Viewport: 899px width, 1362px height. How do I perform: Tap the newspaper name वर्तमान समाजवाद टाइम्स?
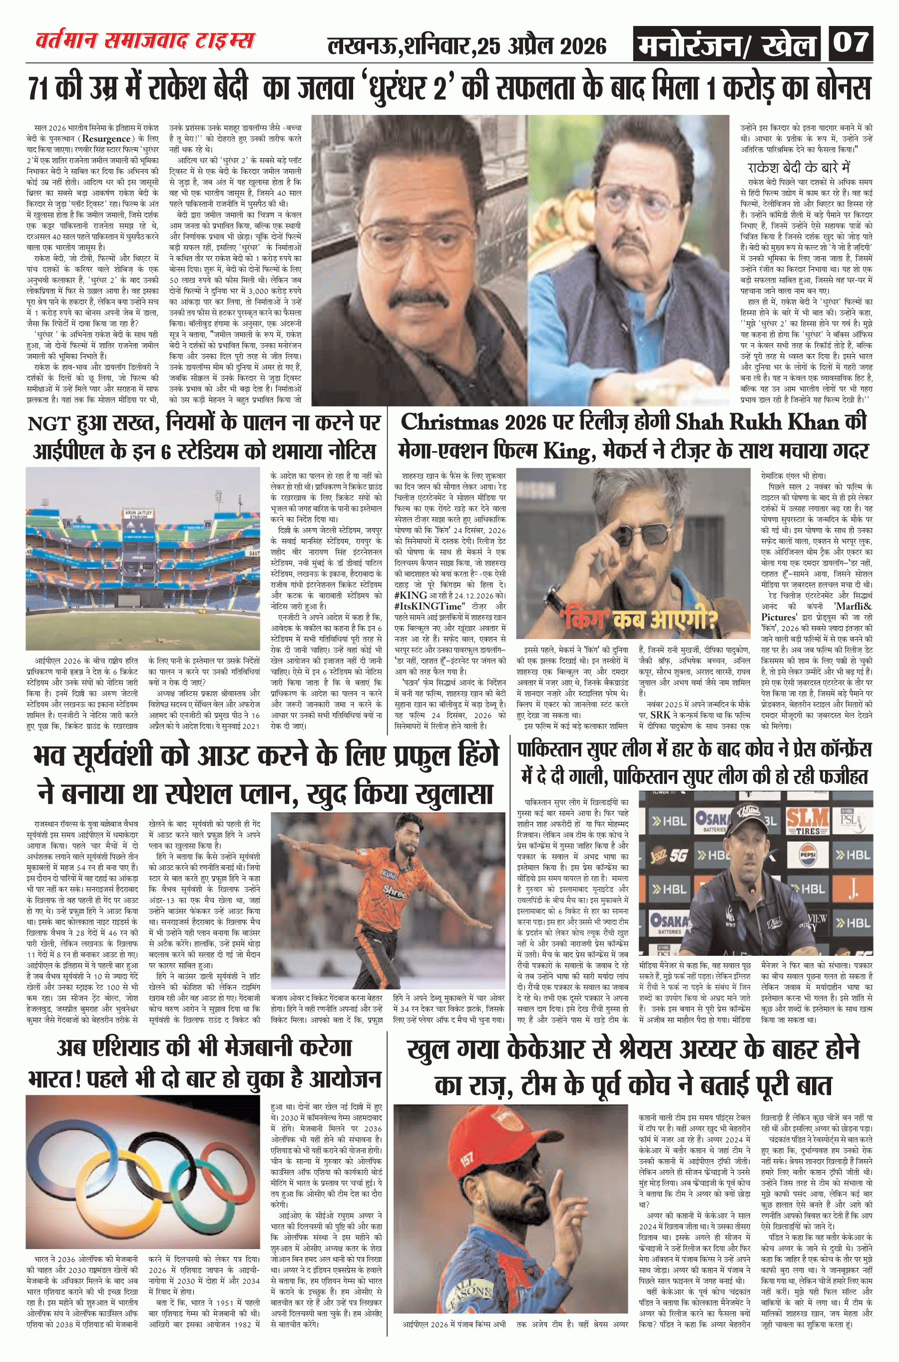coord(145,42)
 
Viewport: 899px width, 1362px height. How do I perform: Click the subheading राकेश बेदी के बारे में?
coord(799,167)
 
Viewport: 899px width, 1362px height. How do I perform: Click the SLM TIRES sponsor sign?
coord(807,822)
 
